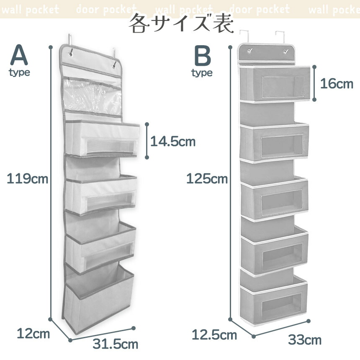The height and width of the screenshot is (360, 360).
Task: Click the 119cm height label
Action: pos(27,179)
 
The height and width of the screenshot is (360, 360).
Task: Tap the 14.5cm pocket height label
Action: pos(173,141)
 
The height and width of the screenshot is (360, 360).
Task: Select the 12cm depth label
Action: pos(33,334)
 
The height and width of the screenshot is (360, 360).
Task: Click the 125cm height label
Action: pos(207,179)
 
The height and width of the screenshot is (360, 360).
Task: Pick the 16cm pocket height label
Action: pos(337,84)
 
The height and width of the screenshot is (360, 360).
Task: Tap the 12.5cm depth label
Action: pos(214,335)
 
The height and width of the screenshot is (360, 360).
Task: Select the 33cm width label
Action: pos(304,339)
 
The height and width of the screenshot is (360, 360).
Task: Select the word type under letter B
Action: pos(202,73)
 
